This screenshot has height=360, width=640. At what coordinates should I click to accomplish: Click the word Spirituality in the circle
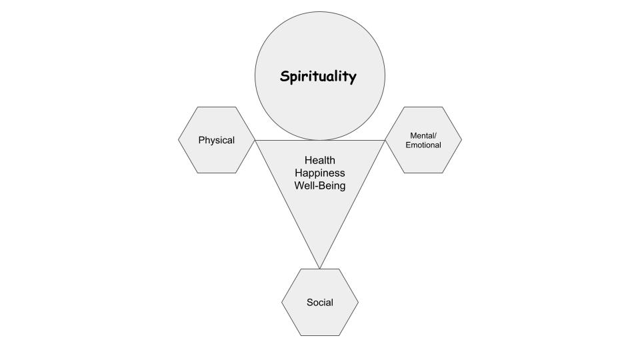pos(318,77)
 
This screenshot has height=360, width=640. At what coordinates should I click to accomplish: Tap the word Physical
pos(217,141)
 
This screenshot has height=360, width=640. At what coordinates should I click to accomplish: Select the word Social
pos(320,303)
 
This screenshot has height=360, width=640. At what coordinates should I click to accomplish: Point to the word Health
pos(320,161)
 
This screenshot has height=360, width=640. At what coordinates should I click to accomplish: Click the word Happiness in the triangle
pos(320,173)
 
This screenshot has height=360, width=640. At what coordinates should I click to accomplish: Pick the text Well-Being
pos(320,186)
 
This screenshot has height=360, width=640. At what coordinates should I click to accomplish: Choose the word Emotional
pos(423,145)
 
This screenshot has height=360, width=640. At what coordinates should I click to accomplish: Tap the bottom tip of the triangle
pos(320,268)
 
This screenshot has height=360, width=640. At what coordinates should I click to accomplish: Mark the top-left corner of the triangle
pos(256,141)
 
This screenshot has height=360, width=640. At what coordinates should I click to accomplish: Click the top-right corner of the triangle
pos(385,141)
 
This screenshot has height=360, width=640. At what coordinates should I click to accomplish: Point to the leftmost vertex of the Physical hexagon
pos(179,140)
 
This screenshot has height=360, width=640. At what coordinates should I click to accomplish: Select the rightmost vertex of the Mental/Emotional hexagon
pos(461,140)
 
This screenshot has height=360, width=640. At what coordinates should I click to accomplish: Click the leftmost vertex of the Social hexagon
pos(282,303)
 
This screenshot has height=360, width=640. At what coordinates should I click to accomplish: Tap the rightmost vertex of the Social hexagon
pos(359,303)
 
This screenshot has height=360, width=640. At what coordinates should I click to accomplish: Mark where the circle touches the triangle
pos(320,141)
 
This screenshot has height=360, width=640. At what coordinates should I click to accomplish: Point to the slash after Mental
pos(436,136)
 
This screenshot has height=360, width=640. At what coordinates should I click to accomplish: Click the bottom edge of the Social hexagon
pos(320,335)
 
